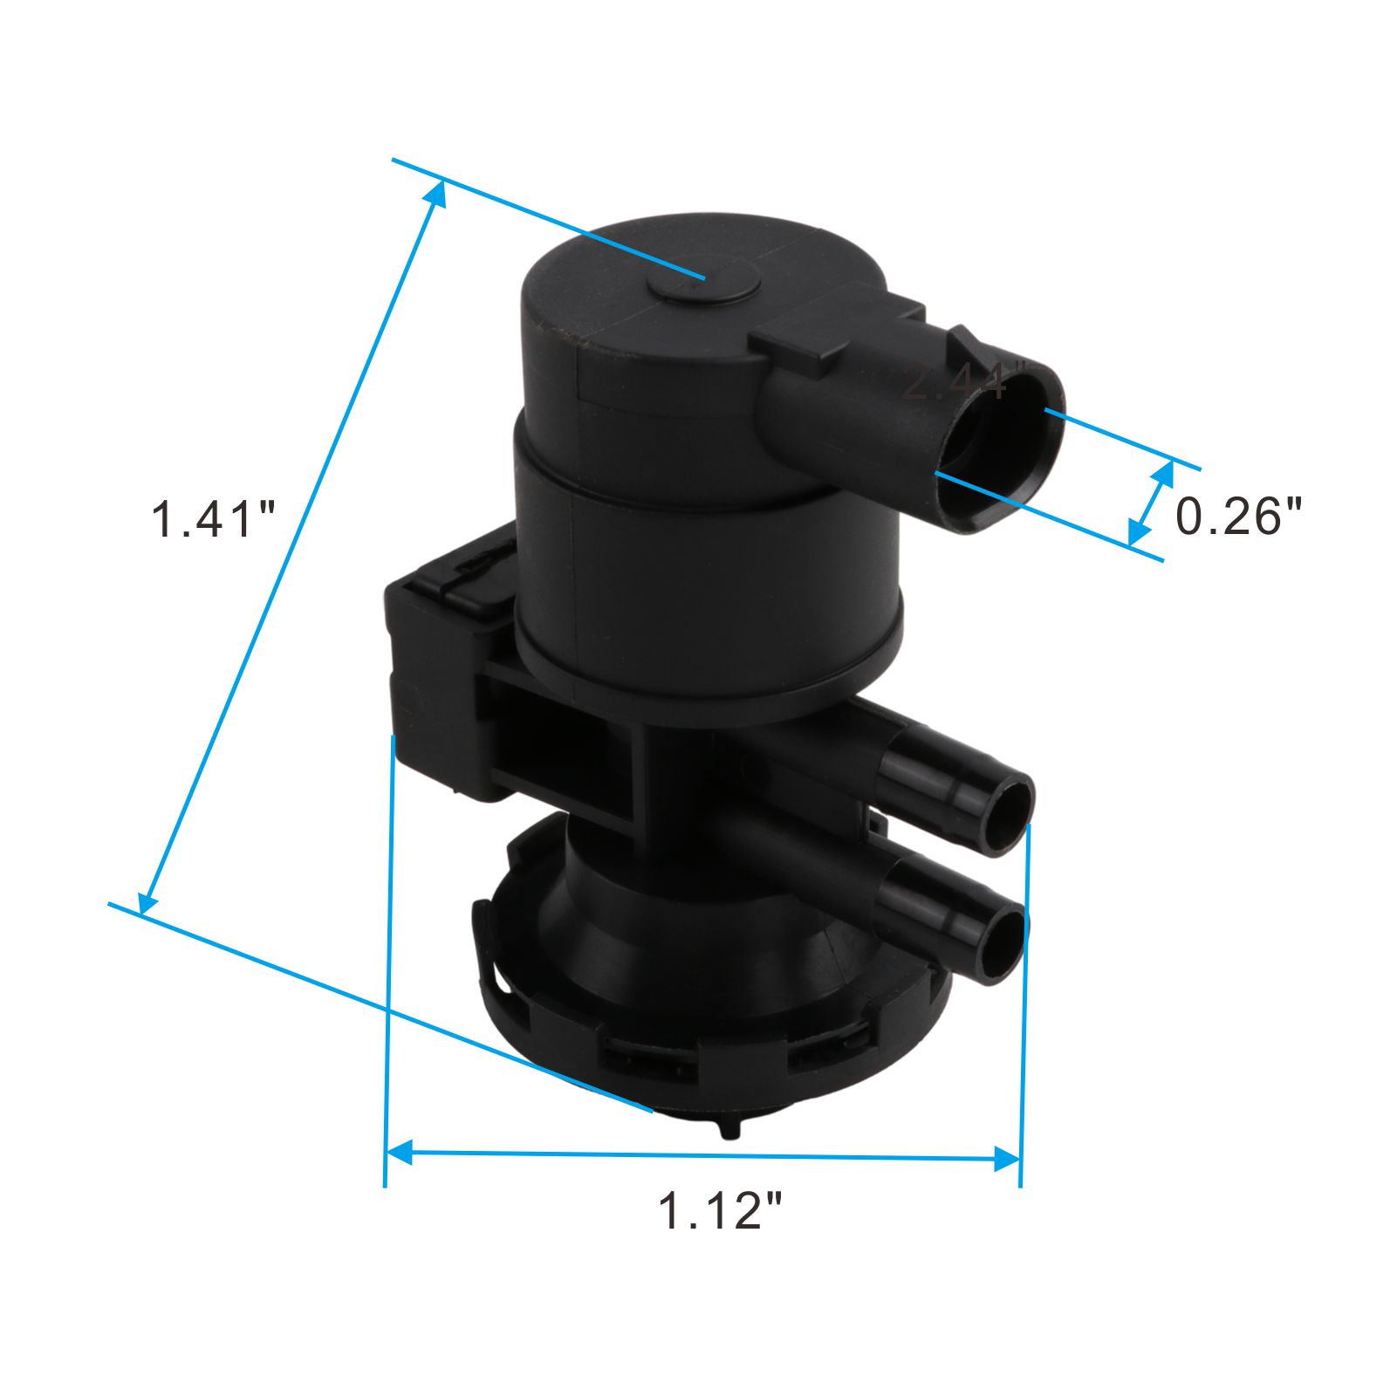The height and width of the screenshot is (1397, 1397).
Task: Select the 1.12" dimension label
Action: point(720,1210)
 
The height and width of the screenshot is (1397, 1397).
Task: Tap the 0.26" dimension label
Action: point(1238,516)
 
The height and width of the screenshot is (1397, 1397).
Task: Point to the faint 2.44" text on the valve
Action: point(955,382)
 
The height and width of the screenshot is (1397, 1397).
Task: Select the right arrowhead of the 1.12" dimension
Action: point(1008,1160)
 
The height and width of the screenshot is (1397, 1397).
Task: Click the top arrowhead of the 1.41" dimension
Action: point(437,194)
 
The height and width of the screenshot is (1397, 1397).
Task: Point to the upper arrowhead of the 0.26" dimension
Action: point(1164,476)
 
